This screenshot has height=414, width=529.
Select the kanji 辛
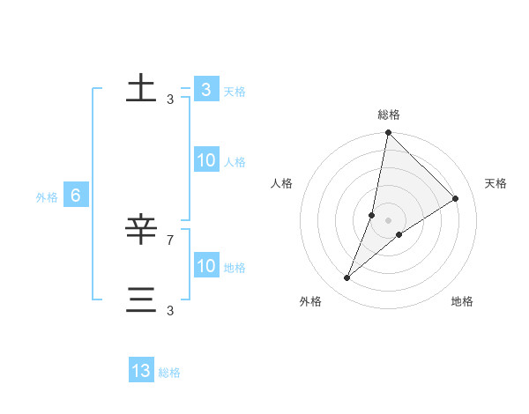(141, 230)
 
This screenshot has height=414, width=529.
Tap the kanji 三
(141, 299)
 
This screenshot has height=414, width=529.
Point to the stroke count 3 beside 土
(170, 100)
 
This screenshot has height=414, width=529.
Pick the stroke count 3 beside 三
(170, 310)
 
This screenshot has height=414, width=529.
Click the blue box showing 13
(141, 371)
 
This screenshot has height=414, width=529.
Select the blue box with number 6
(76, 196)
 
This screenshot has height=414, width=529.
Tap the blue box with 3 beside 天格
(205, 89)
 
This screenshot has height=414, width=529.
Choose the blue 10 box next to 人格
(205, 160)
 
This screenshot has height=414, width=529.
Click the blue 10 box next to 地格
(205, 266)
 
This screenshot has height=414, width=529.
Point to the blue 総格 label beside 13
(169, 373)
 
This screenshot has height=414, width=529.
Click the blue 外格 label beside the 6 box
(47, 197)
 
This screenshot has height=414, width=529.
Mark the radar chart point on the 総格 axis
(388, 133)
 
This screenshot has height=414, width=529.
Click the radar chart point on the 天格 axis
(456, 198)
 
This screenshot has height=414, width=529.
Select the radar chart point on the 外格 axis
(347, 278)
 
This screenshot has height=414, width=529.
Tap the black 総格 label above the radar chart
(389, 115)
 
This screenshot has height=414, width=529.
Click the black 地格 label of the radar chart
(462, 302)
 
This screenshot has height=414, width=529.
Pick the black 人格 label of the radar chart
(282, 183)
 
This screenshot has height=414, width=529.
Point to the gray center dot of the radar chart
(388, 220)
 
